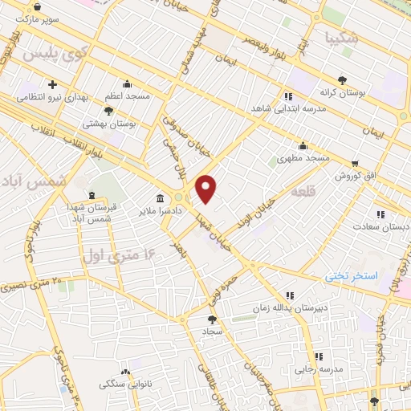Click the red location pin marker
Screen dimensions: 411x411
pyautogui.click(x=207, y=187)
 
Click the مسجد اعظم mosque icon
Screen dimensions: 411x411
pyautogui.click(x=127, y=83)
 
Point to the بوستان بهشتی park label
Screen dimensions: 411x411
pyautogui.click(x=110, y=124)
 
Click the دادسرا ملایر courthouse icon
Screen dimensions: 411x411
pyautogui.click(x=161, y=197)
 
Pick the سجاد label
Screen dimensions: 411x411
pyautogui.click(x=212, y=331)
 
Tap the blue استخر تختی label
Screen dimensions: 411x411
pyautogui.click(x=351, y=275)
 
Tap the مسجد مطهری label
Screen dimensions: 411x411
pyautogui.click(x=303, y=158)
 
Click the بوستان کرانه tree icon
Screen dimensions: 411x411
pyautogui.click(x=343, y=79)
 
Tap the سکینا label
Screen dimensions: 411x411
pyautogui.click(x=342, y=37)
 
